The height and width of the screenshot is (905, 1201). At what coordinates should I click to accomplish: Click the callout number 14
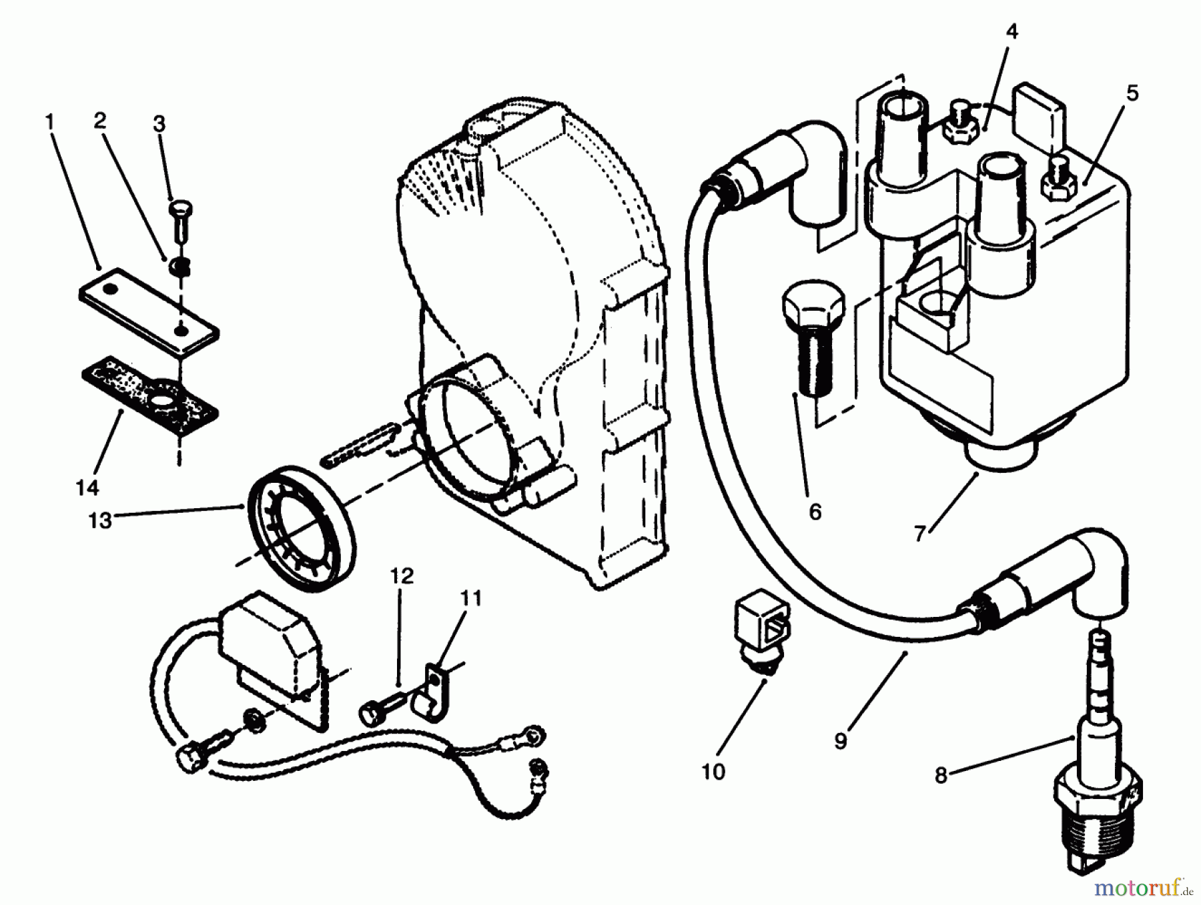coord(87,488)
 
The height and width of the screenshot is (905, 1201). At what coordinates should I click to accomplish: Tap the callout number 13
coord(100,520)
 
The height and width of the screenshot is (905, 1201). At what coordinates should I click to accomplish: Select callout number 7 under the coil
coord(920,534)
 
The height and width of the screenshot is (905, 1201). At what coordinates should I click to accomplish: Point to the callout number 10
coord(713,772)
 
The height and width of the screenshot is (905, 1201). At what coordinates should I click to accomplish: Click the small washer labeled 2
coord(179,267)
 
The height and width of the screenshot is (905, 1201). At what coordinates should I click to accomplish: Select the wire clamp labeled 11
coord(429,694)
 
